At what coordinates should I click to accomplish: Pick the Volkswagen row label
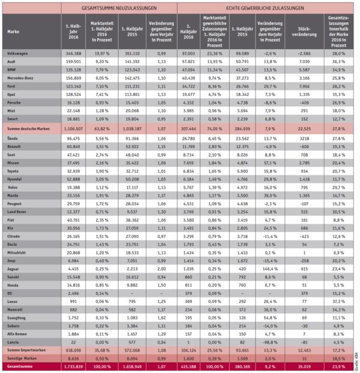[18, 53]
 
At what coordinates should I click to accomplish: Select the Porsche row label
[13, 103]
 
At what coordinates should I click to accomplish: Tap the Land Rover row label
[16, 229]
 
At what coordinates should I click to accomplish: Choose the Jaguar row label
[13, 287]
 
